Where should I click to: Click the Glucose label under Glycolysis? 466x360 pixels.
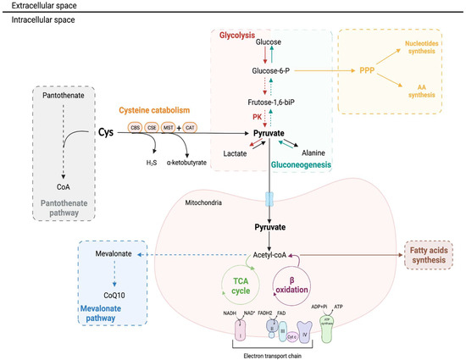tap(269, 42)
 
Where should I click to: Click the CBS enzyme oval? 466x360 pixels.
tap(136, 128)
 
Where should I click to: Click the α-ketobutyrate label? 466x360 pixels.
tap(202, 163)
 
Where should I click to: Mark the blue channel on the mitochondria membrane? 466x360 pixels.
tap(269, 197)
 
